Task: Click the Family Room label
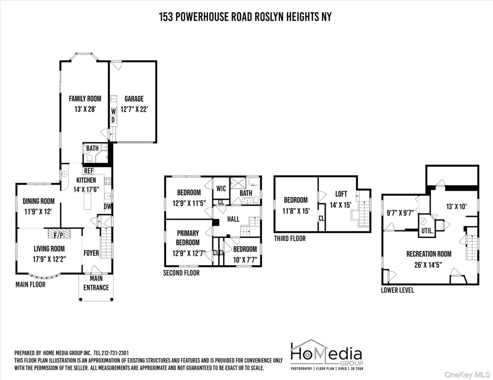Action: pyautogui.click(x=85, y=98)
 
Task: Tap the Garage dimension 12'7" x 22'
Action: pyautogui.click(x=134, y=109)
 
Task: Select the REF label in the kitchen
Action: pyautogui.click(x=89, y=171)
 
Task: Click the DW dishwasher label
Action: pyautogui.click(x=108, y=207)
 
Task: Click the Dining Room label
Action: pyautogui.click(x=38, y=201)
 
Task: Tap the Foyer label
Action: pyautogui.click(x=91, y=253)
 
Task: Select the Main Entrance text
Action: pyautogui.click(x=96, y=283)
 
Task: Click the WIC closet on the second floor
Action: pyautogui.click(x=221, y=189)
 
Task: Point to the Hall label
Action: pyautogui.click(x=233, y=219)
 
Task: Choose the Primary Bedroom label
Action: pyautogui.click(x=188, y=238)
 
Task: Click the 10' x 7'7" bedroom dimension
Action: pyautogui.click(x=245, y=260)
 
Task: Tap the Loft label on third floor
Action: pyautogui.click(x=341, y=194)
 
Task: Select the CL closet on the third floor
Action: pyautogui.click(x=321, y=218)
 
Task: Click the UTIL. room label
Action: pyautogui.click(x=427, y=231)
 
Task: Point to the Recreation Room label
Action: pyautogui.click(x=429, y=254)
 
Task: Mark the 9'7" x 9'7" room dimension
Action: pyautogui.click(x=400, y=213)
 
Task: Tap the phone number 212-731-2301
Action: pyautogui.click(x=115, y=353)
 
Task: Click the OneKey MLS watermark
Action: pyautogui.click(x=467, y=375)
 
